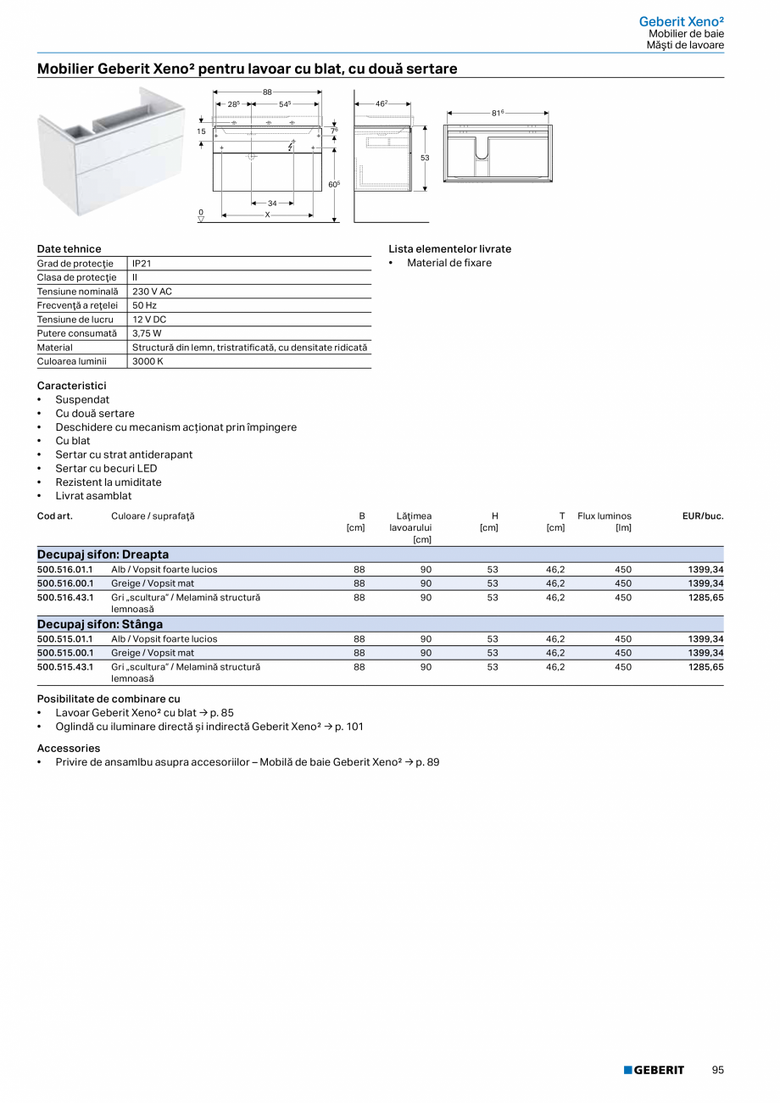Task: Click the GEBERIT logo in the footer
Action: (x=654, y=1070)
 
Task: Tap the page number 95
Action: (x=717, y=1070)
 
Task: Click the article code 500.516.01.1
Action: (x=64, y=570)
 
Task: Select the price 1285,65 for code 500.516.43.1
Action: (x=705, y=598)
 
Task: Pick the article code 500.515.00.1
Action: (x=64, y=654)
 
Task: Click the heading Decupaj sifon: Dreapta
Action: (x=103, y=554)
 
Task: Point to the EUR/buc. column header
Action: (x=702, y=515)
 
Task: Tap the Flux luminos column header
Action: (x=604, y=515)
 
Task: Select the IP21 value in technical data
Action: (x=142, y=264)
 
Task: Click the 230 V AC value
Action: (x=152, y=292)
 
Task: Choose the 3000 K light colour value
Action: (x=148, y=361)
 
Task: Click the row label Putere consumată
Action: (x=76, y=333)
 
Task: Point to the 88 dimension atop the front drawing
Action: (x=267, y=92)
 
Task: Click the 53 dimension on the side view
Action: (x=425, y=159)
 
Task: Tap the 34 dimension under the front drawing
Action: (x=272, y=203)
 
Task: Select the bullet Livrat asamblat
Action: (x=93, y=496)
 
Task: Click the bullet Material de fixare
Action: (x=449, y=263)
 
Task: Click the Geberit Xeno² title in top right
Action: (x=681, y=21)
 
